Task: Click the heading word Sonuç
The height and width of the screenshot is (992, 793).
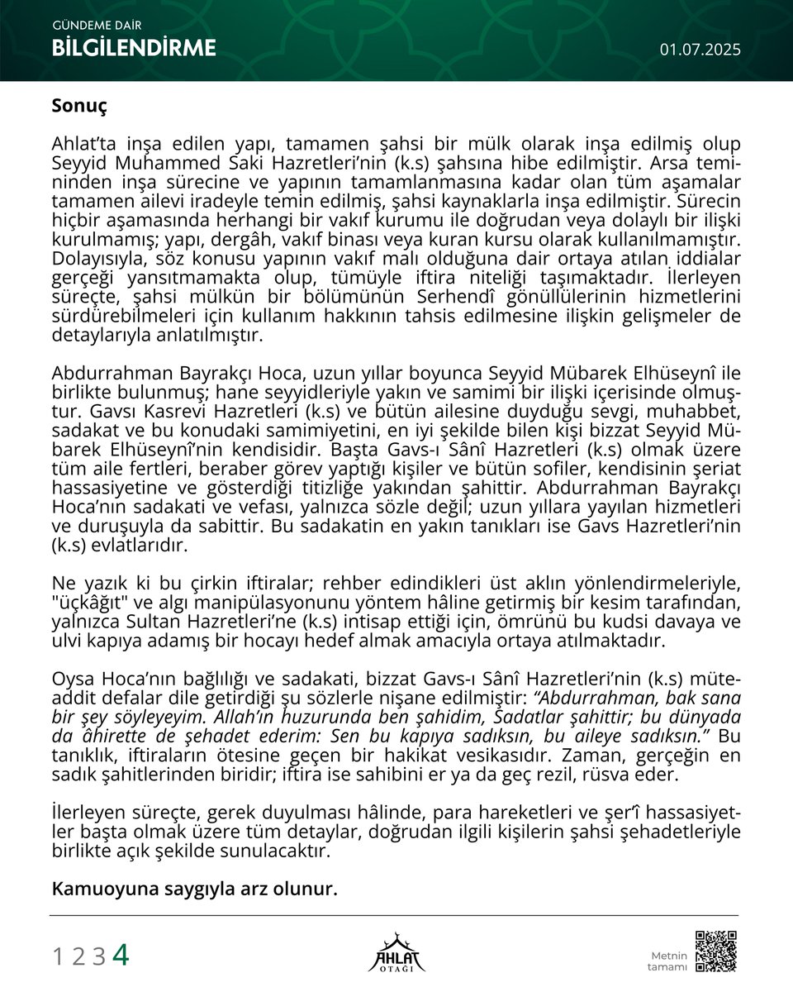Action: click(79, 107)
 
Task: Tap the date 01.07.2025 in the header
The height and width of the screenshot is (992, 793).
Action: click(700, 50)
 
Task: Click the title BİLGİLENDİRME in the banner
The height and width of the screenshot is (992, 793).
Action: click(134, 49)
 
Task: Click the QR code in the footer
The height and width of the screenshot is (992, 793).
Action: click(715, 951)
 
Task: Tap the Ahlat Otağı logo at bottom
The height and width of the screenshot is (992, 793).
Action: click(396, 952)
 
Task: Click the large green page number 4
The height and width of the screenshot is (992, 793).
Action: click(121, 955)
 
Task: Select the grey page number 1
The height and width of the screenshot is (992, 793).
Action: click(58, 956)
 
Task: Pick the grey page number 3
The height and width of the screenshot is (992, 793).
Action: click(98, 956)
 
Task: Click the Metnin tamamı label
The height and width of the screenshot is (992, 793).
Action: click(667, 961)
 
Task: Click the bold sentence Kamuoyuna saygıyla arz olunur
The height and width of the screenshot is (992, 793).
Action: click(195, 889)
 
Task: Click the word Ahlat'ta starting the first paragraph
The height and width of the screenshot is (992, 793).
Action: click(79, 144)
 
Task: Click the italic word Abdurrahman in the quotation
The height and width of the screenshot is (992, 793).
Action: click(591, 697)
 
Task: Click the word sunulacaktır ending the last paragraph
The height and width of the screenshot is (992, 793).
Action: click(278, 851)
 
